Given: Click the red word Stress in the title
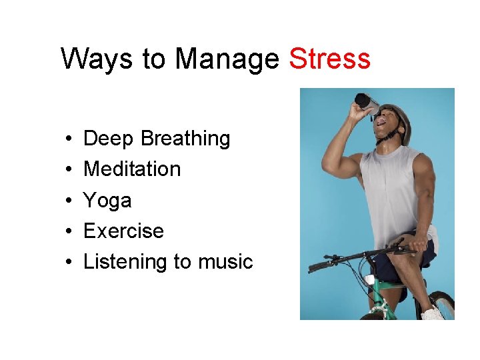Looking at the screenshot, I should point(329,59).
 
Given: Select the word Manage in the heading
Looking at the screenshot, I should point(227,60).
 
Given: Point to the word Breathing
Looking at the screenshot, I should point(185,139).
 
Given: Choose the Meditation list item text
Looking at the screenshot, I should point(132,169).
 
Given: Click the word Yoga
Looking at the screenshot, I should point(107,200).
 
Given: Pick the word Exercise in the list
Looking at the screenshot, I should point(123,231).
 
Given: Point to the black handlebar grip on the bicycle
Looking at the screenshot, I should point(321,266).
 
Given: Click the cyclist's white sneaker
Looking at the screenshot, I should point(432,313).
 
